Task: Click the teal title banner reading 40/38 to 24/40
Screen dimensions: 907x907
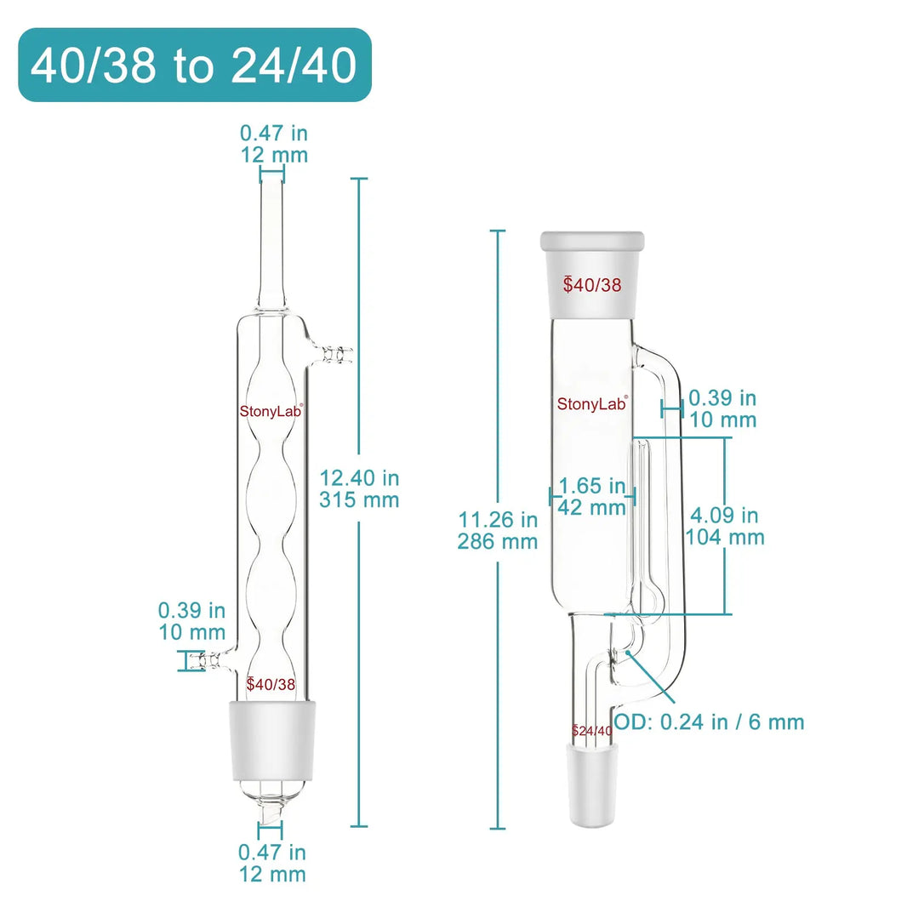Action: tap(194, 66)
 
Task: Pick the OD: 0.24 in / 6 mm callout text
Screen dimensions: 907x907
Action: tap(709, 722)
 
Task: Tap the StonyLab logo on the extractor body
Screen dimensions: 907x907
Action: tap(592, 404)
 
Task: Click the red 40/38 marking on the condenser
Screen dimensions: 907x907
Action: tap(271, 683)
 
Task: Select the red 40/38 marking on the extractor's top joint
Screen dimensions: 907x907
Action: tap(592, 285)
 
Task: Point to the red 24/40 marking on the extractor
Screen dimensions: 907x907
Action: tap(592, 730)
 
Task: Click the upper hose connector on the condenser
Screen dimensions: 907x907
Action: tap(336, 352)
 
